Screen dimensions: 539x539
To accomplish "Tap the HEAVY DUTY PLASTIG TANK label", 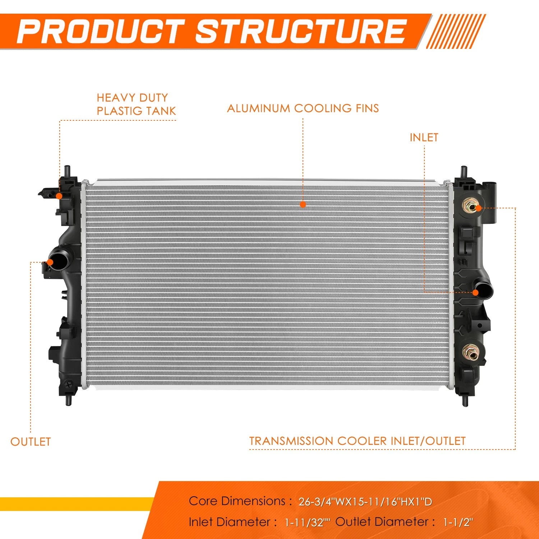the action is tap(136, 104).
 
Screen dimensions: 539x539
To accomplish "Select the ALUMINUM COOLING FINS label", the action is tap(303, 109).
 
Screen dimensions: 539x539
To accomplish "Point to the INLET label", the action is tap(424, 138).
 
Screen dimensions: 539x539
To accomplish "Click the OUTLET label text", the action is tap(31, 442).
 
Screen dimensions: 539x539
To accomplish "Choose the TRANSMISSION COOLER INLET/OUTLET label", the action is tap(358, 441).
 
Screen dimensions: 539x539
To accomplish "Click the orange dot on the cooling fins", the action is tap(303, 204).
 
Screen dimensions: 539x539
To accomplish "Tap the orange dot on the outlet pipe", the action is tap(50, 262).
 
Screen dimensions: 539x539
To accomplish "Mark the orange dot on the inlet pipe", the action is tap(475, 293).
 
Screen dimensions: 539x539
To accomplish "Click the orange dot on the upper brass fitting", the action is tap(478, 208).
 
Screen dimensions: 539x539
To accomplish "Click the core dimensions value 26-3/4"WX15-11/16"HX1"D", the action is tap(365, 502).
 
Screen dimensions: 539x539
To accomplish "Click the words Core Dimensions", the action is tap(237, 501).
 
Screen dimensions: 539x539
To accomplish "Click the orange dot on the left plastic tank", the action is tap(59, 195).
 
